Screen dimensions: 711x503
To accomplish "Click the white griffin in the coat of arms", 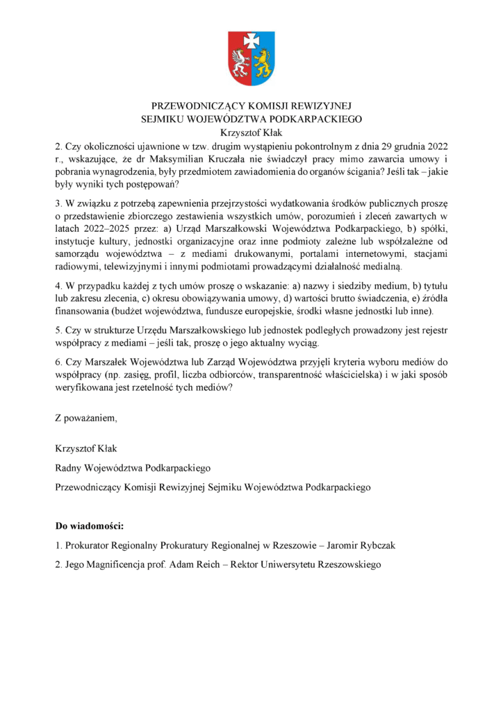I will [240, 64].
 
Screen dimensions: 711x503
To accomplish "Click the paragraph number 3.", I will [58, 203].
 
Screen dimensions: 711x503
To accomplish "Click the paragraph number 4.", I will [58, 286].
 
